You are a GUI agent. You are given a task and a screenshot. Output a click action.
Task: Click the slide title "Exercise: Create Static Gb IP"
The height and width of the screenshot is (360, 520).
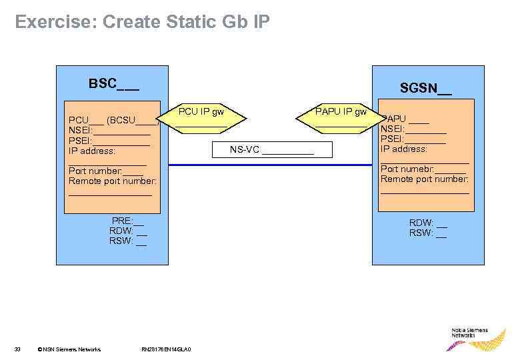pos(142,22)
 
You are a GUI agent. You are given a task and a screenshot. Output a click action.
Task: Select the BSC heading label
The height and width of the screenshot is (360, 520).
pos(113,84)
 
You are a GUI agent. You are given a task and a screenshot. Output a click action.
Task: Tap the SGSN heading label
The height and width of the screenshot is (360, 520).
pos(425,88)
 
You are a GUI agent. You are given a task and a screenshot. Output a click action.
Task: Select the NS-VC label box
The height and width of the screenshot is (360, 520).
pos(271,150)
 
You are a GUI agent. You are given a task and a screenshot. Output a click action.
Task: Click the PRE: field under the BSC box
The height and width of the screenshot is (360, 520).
pos(127,221)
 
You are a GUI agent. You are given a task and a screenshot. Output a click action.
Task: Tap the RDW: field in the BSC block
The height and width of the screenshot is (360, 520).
pos(127,231)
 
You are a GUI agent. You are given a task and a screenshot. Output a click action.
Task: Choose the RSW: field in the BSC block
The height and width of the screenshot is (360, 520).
pos(127,241)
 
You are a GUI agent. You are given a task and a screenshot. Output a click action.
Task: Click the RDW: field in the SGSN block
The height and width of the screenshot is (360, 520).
pos(427,223)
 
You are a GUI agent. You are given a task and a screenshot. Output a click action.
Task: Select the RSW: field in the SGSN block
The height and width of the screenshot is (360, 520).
pos(427,233)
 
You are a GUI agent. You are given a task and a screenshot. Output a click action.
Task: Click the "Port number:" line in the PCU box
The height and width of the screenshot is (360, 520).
pos(105,171)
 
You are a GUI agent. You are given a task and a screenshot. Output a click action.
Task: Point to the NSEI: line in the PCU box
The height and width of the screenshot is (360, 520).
pos(109,131)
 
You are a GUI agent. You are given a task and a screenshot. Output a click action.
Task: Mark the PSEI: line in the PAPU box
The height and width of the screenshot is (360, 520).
pos(413,139)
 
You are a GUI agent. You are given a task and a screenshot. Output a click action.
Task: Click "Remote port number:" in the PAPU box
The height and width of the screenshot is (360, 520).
pos(424,179)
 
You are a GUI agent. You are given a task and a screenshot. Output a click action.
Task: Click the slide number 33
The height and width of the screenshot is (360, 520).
pos(18,349)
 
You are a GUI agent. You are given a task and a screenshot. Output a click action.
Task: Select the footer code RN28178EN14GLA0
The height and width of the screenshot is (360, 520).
pos(166,349)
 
